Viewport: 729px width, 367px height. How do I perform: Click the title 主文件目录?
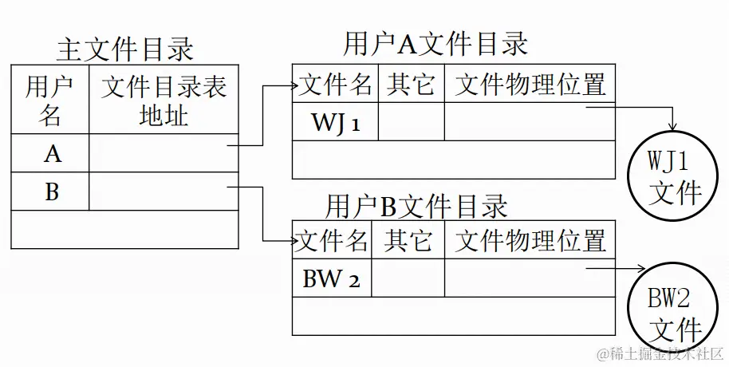point(125,49)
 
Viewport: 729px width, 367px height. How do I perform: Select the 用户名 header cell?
point(50,101)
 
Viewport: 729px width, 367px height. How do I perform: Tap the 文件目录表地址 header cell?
point(164,101)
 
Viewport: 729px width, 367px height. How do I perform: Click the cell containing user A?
point(52,153)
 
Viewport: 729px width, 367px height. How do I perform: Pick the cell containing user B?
point(52,191)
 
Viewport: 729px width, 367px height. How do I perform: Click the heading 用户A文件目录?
point(435,44)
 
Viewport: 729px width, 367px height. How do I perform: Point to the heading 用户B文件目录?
point(416,207)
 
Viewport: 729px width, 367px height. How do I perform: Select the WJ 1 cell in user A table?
point(336,123)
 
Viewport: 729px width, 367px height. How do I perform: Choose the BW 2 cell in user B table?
point(332,279)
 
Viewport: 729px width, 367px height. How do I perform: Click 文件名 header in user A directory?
point(336,84)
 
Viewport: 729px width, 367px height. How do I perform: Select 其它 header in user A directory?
point(411,84)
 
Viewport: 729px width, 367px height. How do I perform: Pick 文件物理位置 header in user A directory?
point(530,84)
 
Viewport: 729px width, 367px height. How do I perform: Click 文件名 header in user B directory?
point(333,240)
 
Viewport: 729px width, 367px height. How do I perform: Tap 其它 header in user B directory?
point(408,240)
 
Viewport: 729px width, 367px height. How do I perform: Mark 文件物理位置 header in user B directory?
point(530,240)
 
